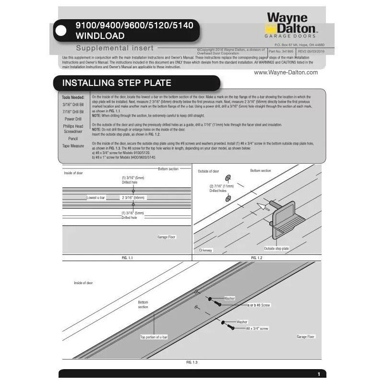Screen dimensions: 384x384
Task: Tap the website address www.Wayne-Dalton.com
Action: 286,72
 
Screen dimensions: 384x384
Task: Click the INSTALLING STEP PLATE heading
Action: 117,83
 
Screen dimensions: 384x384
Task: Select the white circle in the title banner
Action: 61,30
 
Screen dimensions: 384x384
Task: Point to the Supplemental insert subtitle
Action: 114,48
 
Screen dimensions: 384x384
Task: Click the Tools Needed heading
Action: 73,97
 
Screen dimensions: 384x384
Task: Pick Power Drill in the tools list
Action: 73,119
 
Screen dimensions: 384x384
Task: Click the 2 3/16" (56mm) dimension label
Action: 132,197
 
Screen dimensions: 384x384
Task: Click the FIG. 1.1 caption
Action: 127,258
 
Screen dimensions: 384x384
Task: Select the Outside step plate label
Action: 276,249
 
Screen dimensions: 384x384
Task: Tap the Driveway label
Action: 205,251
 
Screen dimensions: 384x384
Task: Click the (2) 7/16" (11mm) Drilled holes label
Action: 221,188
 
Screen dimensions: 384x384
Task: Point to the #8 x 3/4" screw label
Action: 257,328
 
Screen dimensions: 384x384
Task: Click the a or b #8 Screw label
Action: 259,305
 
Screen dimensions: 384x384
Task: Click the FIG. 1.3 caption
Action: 192,362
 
